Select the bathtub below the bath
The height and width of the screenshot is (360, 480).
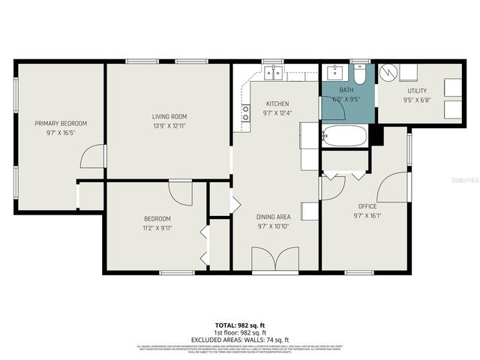coord(344,136)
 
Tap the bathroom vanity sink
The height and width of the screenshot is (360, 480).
coord(333,73)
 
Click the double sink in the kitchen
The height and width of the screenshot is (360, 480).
coord(273,72)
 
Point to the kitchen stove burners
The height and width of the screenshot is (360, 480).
coord(245,113)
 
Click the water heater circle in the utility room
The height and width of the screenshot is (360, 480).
coord(388,73)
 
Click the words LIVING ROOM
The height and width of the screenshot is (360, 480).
coord(169,116)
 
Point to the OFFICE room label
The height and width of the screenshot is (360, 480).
coord(367,206)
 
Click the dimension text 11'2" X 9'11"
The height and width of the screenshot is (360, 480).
coord(157,228)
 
